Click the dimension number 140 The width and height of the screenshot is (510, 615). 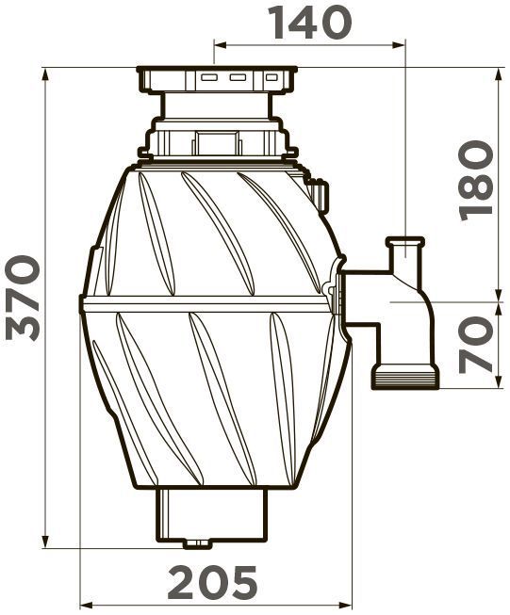click(309, 24)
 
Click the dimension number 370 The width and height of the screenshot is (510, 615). click(23, 298)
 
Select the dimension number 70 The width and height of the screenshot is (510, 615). click(476, 345)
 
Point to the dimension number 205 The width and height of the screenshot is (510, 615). click(212, 581)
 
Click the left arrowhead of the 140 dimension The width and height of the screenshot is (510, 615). click(221, 45)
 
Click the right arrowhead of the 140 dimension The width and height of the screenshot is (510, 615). click(398, 45)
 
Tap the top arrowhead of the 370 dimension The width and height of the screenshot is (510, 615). click(46, 75)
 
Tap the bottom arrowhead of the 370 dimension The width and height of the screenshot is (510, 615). click(46, 541)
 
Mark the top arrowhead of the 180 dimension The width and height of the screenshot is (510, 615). click(499, 75)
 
